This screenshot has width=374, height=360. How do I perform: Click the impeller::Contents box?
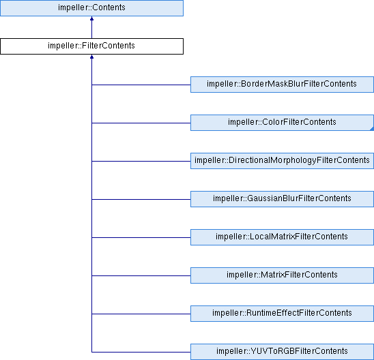[x=91, y=8]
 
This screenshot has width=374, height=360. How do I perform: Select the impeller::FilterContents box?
[x=91, y=46]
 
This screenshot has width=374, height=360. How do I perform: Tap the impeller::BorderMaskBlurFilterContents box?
[x=282, y=85]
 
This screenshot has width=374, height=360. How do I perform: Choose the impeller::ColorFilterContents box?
[x=282, y=123]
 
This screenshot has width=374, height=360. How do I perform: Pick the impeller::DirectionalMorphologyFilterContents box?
[x=282, y=161]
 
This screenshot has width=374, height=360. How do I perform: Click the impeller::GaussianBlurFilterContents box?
[x=282, y=199]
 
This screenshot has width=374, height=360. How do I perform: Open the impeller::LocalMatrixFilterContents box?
[x=282, y=237]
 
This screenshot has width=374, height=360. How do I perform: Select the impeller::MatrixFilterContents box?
[x=282, y=275]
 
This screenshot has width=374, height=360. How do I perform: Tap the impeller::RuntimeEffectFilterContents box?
[x=282, y=314]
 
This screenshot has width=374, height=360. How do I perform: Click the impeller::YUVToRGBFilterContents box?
[x=282, y=352]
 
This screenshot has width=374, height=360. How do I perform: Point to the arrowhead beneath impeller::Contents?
[x=91, y=18]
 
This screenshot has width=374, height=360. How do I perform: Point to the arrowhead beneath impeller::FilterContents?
[x=91, y=57]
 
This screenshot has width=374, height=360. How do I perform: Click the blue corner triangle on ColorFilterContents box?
[x=372, y=129]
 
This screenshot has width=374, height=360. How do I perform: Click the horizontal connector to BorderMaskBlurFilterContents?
[x=141, y=85]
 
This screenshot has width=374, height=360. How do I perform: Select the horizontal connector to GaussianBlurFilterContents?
[x=141, y=199]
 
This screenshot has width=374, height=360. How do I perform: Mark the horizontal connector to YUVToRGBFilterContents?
[x=141, y=352]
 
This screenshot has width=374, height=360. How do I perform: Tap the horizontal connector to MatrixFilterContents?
[x=141, y=275]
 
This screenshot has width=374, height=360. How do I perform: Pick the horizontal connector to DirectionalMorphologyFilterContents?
[x=141, y=161]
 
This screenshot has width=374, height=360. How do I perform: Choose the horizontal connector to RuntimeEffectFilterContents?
[x=141, y=314]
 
